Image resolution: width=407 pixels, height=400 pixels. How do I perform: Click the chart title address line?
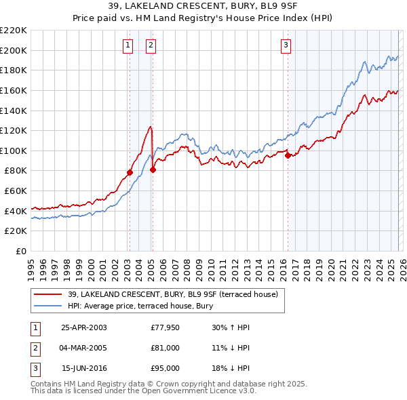203,6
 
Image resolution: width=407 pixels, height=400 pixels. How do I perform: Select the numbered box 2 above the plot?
151,45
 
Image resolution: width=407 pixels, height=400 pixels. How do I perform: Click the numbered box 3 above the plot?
286,45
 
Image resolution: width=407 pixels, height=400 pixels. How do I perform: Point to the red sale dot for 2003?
130,172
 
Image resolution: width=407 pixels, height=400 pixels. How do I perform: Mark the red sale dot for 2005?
153,169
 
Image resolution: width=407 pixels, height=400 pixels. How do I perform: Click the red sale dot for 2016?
288,155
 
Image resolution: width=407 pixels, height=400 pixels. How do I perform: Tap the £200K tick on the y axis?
14,50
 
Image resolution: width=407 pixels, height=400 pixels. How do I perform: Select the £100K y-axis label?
14,151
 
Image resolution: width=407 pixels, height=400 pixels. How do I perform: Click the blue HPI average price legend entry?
140,306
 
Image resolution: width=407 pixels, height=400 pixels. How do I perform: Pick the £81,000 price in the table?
166,348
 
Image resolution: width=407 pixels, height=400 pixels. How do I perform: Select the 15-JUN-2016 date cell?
83,368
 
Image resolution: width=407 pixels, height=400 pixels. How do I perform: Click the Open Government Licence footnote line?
143,391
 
